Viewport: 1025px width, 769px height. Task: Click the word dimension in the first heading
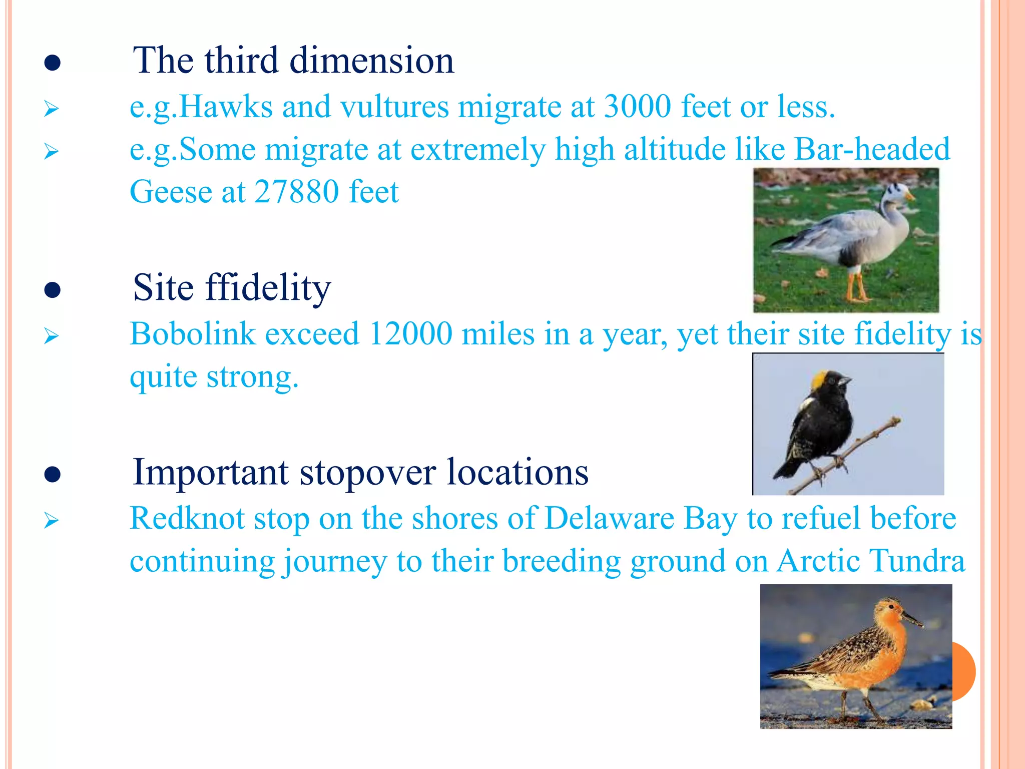pyautogui.click(x=371, y=61)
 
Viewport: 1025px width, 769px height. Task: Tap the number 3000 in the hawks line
pyautogui.click(x=637, y=107)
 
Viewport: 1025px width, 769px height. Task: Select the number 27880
pyautogui.click(x=296, y=192)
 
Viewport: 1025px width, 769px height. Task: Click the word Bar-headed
pyautogui.click(x=872, y=150)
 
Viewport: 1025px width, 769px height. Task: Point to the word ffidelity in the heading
pyautogui.click(x=268, y=288)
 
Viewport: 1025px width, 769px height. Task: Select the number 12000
pyautogui.click(x=410, y=334)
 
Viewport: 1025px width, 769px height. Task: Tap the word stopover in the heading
pyautogui.click(x=367, y=473)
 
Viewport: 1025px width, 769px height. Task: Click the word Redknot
pyautogui.click(x=187, y=519)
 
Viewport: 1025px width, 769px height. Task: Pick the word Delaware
pyautogui.click(x=609, y=519)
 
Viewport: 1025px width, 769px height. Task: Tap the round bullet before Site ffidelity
pyautogui.click(x=53, y=290)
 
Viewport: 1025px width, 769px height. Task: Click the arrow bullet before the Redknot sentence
pyautogui.click(x=51, y=521)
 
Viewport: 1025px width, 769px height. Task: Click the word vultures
pyautogui.click(x=394, y=107)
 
